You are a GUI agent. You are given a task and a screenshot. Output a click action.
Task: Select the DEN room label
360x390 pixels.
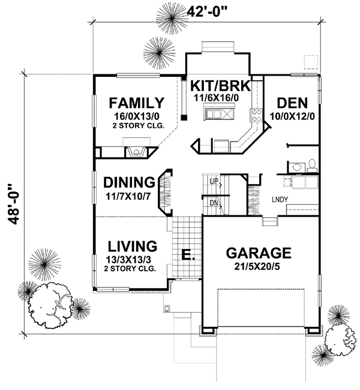pyautogui.click(x=291, y=103)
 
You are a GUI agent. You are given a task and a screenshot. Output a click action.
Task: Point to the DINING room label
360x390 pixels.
pyautogui.click(x=129, y=182)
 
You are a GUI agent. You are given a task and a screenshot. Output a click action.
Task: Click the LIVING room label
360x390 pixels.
pyautogui.click(x=133, y=246)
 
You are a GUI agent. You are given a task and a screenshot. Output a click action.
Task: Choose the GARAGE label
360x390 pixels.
pyautogui.click(x=259, y=253)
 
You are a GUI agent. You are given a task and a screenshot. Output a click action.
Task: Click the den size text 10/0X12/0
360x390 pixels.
pyautogui.click(x=291, y=115)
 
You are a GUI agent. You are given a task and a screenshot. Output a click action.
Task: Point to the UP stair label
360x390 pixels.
pyautogui.click(x=214, y=181)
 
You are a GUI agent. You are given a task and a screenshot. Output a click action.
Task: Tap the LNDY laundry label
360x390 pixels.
pyautogui.click(x=278, y=199)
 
